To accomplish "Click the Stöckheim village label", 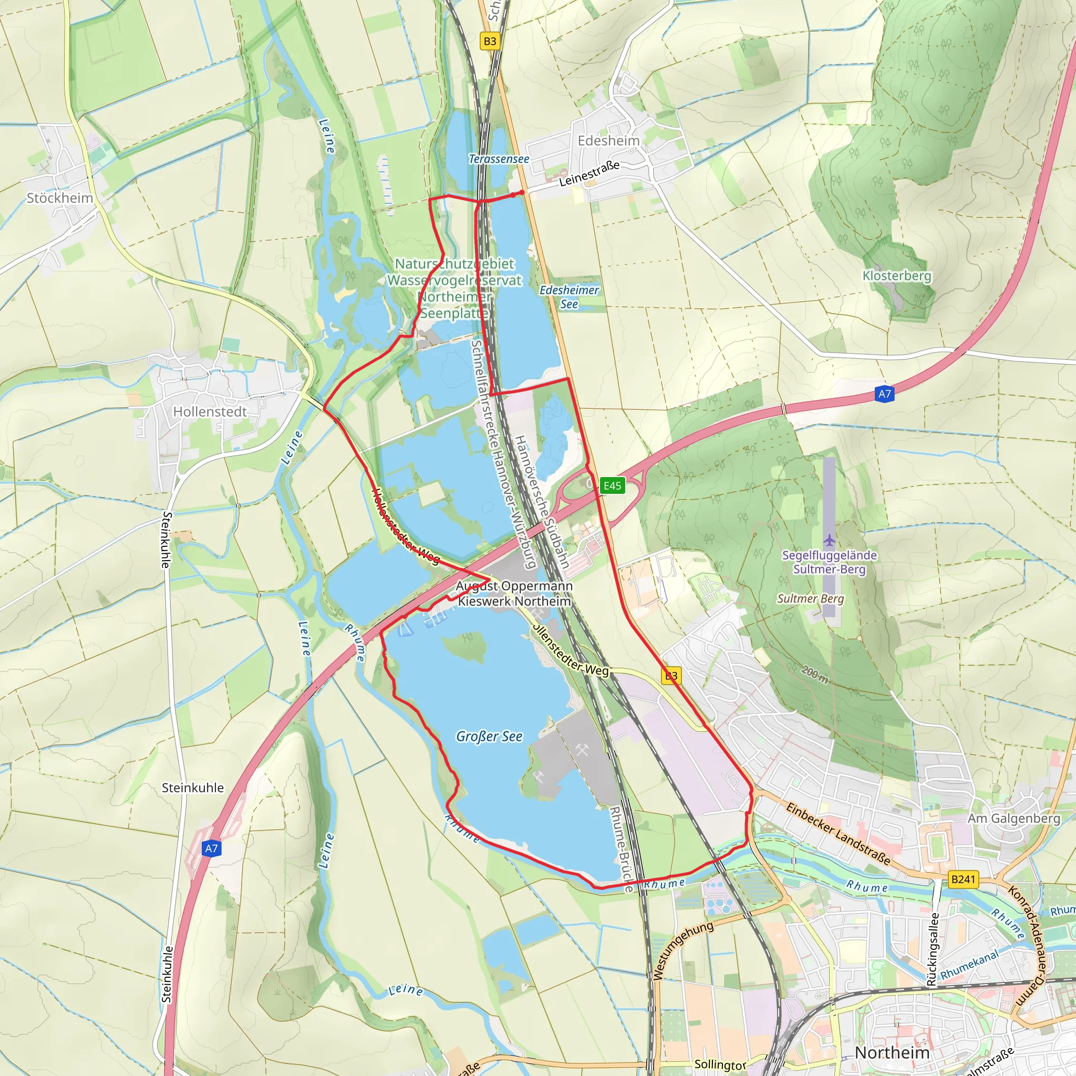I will pyautogui.click(x=59, y=198).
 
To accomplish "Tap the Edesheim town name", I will pyautogui.click(x=608, y=140).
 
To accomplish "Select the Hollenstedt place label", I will pyautogui.click(x=210, y=411).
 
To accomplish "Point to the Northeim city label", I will pyautogui.click(x=892, y=1052).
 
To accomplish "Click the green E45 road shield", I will pyautogui.click(x=612, y=485).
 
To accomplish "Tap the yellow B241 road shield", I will pyautogui.click(x=963, y=880).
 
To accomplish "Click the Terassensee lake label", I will pyautogui.click(x=499, y=159).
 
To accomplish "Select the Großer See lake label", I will pyautogui.click(x=489, y=736).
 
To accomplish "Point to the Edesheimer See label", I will pyautogui.click(x=568, y=297).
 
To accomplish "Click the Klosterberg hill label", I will pyautogui.click(x=897, y=276).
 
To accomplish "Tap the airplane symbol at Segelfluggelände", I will pyautogui.click(x=829, y=540).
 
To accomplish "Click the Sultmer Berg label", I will pyautogui.click(x=810, y=599).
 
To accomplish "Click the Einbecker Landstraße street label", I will pyautogui.click(x=837, y=834).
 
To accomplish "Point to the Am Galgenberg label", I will pyautogui.click(x=1013, y=818).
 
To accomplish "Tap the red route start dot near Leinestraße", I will pyautogui.click(x=521, y=193).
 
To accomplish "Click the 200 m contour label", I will pyautogui.click(x=814, y=675).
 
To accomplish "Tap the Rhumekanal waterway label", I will pyautogui.click(x=970, y=965).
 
